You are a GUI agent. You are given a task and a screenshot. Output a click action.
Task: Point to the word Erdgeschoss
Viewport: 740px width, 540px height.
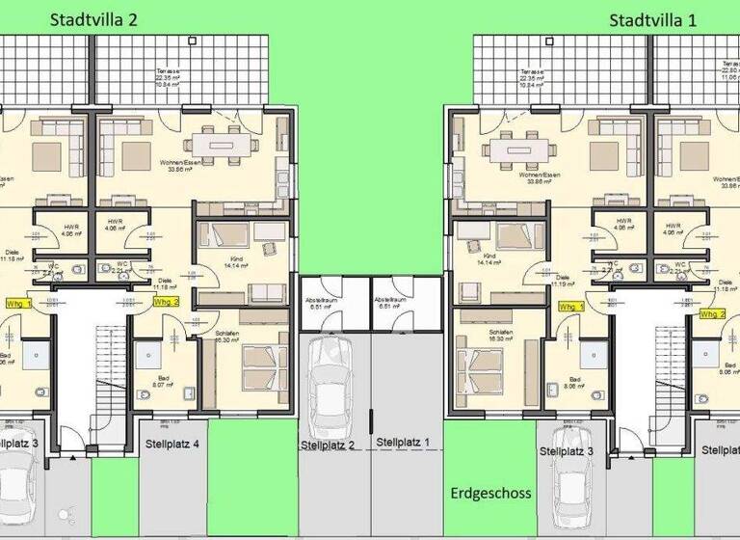pyautogui.click(x=490, y=493)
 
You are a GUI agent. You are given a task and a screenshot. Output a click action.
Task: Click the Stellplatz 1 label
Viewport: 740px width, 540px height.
pyautogui.click(x=405, y=443)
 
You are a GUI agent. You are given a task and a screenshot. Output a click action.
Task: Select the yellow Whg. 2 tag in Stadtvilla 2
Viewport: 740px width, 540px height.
pyautogui.click(x=167, y=302)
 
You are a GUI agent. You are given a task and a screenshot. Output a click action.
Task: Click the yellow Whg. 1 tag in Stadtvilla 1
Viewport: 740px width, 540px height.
pyautogui.click(x=571, y=307)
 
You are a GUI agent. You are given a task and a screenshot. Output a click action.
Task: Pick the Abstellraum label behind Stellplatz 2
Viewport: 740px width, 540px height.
pyautogui.click(x=323, y=302)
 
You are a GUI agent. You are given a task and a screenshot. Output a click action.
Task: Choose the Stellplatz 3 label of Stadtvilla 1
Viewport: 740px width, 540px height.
pyautogui.click(x=567, y=450)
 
